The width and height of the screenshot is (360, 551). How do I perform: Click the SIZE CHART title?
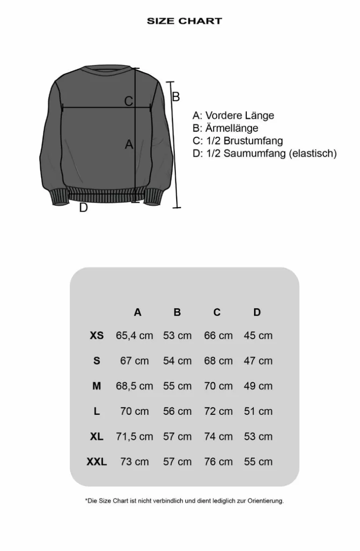pos(184,21)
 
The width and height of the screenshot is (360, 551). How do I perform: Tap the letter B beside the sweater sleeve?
pos(176,97)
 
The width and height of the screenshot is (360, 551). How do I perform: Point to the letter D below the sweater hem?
pos(83,208)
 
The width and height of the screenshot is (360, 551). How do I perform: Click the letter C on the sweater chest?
pos(129,101)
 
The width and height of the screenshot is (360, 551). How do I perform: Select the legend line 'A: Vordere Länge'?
pos(233,116)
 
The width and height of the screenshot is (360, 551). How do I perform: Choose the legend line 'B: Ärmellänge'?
pos(225,128)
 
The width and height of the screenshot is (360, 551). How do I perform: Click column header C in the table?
pos(217,312)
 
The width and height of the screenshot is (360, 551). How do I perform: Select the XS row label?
pos(97,335)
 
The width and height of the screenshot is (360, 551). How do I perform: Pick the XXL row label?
pos(97,462)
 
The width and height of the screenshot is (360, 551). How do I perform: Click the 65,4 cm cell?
pos(135,335)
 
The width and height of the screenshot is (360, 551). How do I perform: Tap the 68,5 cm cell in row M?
pos(135,386)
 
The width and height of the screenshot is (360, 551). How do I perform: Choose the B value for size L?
pos(177,411)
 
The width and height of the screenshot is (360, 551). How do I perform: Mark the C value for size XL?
pos(218,436)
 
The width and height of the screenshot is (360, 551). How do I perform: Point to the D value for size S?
pos(258,361)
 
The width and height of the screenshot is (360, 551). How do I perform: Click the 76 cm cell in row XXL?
pos(218,462)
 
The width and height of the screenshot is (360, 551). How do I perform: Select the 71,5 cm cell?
pos(135,436)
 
